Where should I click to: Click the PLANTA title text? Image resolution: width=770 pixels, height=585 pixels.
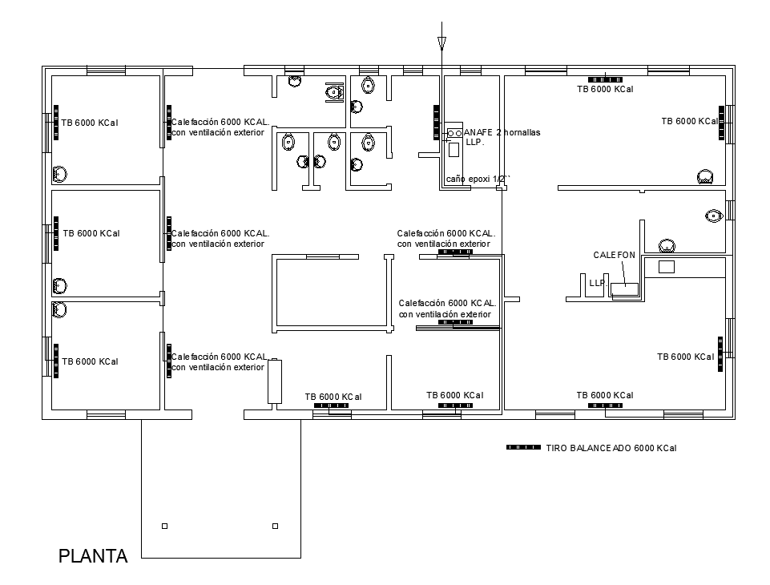coord(93,556)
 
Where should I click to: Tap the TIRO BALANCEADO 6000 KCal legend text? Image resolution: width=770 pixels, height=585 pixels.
coord(611,448)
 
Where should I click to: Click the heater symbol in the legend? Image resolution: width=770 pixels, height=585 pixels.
coord(523,447)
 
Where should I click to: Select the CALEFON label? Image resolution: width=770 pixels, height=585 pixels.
coord(614,255)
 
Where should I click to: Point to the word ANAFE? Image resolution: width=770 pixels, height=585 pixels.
coord(478,132)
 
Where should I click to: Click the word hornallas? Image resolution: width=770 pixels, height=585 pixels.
coord(522,132)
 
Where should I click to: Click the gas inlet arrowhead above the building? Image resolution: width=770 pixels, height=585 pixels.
coord(441,44)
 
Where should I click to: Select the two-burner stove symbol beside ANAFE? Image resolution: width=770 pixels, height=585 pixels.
coord(454,132)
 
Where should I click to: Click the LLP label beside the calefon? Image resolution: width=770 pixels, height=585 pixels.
coord(598,284)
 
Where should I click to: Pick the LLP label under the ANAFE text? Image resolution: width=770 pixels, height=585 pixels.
coord(474,142)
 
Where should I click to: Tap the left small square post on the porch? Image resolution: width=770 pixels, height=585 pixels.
coord(164,526)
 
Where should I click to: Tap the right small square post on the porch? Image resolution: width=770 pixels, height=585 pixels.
coord(275,526)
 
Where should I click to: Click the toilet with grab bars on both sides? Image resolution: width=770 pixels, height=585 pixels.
coord(334,92)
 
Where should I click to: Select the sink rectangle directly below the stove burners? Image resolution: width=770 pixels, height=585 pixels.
coord(454,149)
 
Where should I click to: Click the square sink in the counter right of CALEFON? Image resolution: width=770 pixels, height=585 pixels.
coord(667,267)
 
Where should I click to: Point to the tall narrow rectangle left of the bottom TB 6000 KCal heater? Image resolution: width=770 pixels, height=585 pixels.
coord(275,381)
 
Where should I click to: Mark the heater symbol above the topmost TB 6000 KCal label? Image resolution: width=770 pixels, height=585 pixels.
coord(605,79)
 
